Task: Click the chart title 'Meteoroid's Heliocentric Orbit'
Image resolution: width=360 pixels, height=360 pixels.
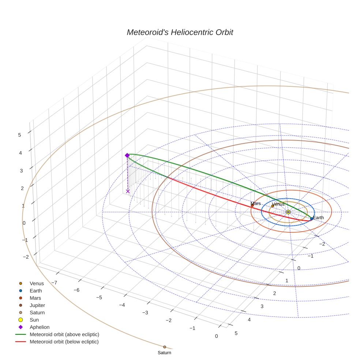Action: point(180,32)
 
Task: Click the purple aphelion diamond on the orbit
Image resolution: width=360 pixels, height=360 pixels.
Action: point(127,155)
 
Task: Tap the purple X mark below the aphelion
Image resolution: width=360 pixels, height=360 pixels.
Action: point(128,191)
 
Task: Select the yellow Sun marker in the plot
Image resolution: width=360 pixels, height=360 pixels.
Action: point(288,212)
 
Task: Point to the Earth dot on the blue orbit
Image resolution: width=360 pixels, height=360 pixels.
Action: point(311,218)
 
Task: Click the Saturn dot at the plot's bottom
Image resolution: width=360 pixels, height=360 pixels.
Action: point(165,347)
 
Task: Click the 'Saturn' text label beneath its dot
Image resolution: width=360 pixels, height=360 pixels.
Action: point(164,353)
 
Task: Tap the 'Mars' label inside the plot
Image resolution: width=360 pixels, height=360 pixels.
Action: point(256,203)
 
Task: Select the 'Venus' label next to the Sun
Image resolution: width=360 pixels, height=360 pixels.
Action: point(278,204)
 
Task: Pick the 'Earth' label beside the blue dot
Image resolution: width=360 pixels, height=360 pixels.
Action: point(318,218)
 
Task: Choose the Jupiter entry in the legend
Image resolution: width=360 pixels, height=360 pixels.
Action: point(37,305)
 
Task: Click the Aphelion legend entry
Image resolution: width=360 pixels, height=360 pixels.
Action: point(39,327)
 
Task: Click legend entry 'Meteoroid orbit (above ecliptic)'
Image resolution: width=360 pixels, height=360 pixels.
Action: point(64,334)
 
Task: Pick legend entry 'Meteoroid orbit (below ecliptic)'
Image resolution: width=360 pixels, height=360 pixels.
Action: point(64,342)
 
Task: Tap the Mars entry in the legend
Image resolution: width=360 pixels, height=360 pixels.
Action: point(35,298)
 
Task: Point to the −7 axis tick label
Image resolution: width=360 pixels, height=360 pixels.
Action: point(54,282)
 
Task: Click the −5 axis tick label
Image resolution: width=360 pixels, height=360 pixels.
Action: point(99,297)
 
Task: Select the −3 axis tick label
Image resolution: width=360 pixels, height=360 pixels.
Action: point(145,312)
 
